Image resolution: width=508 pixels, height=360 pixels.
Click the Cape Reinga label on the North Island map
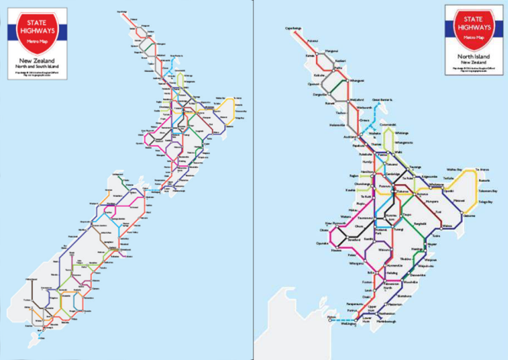pyautogui.click(x=293, y=28)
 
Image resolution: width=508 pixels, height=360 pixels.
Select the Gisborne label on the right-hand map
pyautogui.click(x=470, y=215)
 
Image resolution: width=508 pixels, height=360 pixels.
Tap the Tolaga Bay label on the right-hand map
pyautogui.click(x=485, y=202)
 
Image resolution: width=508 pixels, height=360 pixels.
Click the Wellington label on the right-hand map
pyautogui.click(x=348, y=324)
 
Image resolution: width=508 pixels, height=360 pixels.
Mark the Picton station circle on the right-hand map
pyautogui.click(x=330, y=320)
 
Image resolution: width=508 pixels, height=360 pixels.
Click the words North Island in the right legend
pyautogui.click(x=473, y=56)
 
